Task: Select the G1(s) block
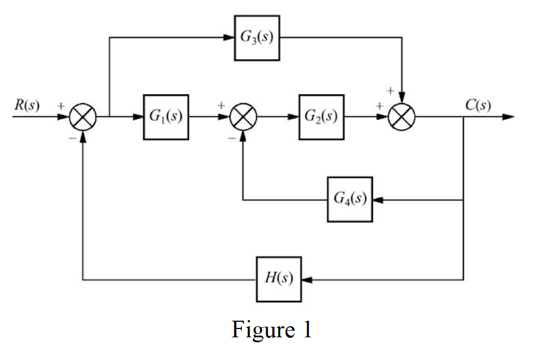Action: [x=166, y=117]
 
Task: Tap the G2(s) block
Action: [x=321, y=117]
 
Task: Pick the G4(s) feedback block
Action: [x=350, y=199]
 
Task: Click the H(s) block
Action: [x=279, y=279]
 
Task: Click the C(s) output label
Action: [x=478, y=106]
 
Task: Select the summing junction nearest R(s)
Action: [x=83, y=117]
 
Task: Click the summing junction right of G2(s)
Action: [x=402, y=117]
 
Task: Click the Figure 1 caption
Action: [x=272, y=330]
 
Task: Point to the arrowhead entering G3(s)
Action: [x=229, y=38]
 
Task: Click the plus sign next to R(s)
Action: [x=60, y=104]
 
